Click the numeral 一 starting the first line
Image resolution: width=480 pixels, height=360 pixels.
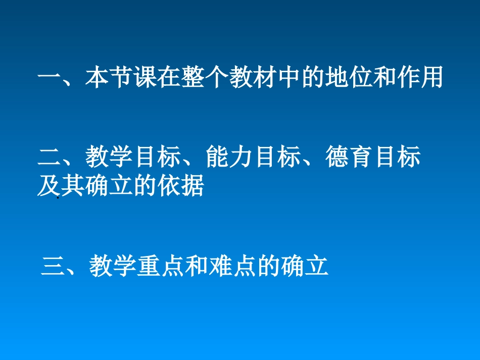(x=50, y=79)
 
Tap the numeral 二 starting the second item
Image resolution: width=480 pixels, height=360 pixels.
(x=50, y=158)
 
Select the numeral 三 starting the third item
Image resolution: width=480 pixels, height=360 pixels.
(x=53, y=266)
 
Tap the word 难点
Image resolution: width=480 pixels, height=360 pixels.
(x=233, y=266)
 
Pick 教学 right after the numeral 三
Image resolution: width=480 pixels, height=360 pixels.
(x=113, y=266)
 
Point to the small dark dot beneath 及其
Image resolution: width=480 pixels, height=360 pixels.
(x=58, y=198)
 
